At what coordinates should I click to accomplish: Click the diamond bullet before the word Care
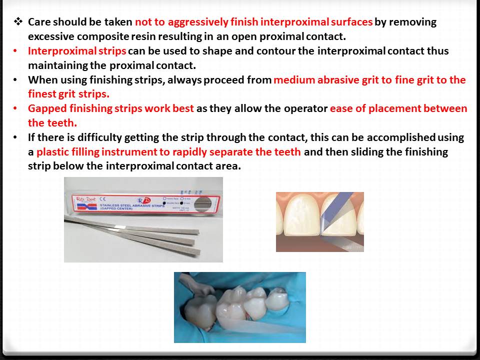18,22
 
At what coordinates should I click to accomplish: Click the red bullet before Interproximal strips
17,51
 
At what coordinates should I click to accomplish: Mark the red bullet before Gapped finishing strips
17,108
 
